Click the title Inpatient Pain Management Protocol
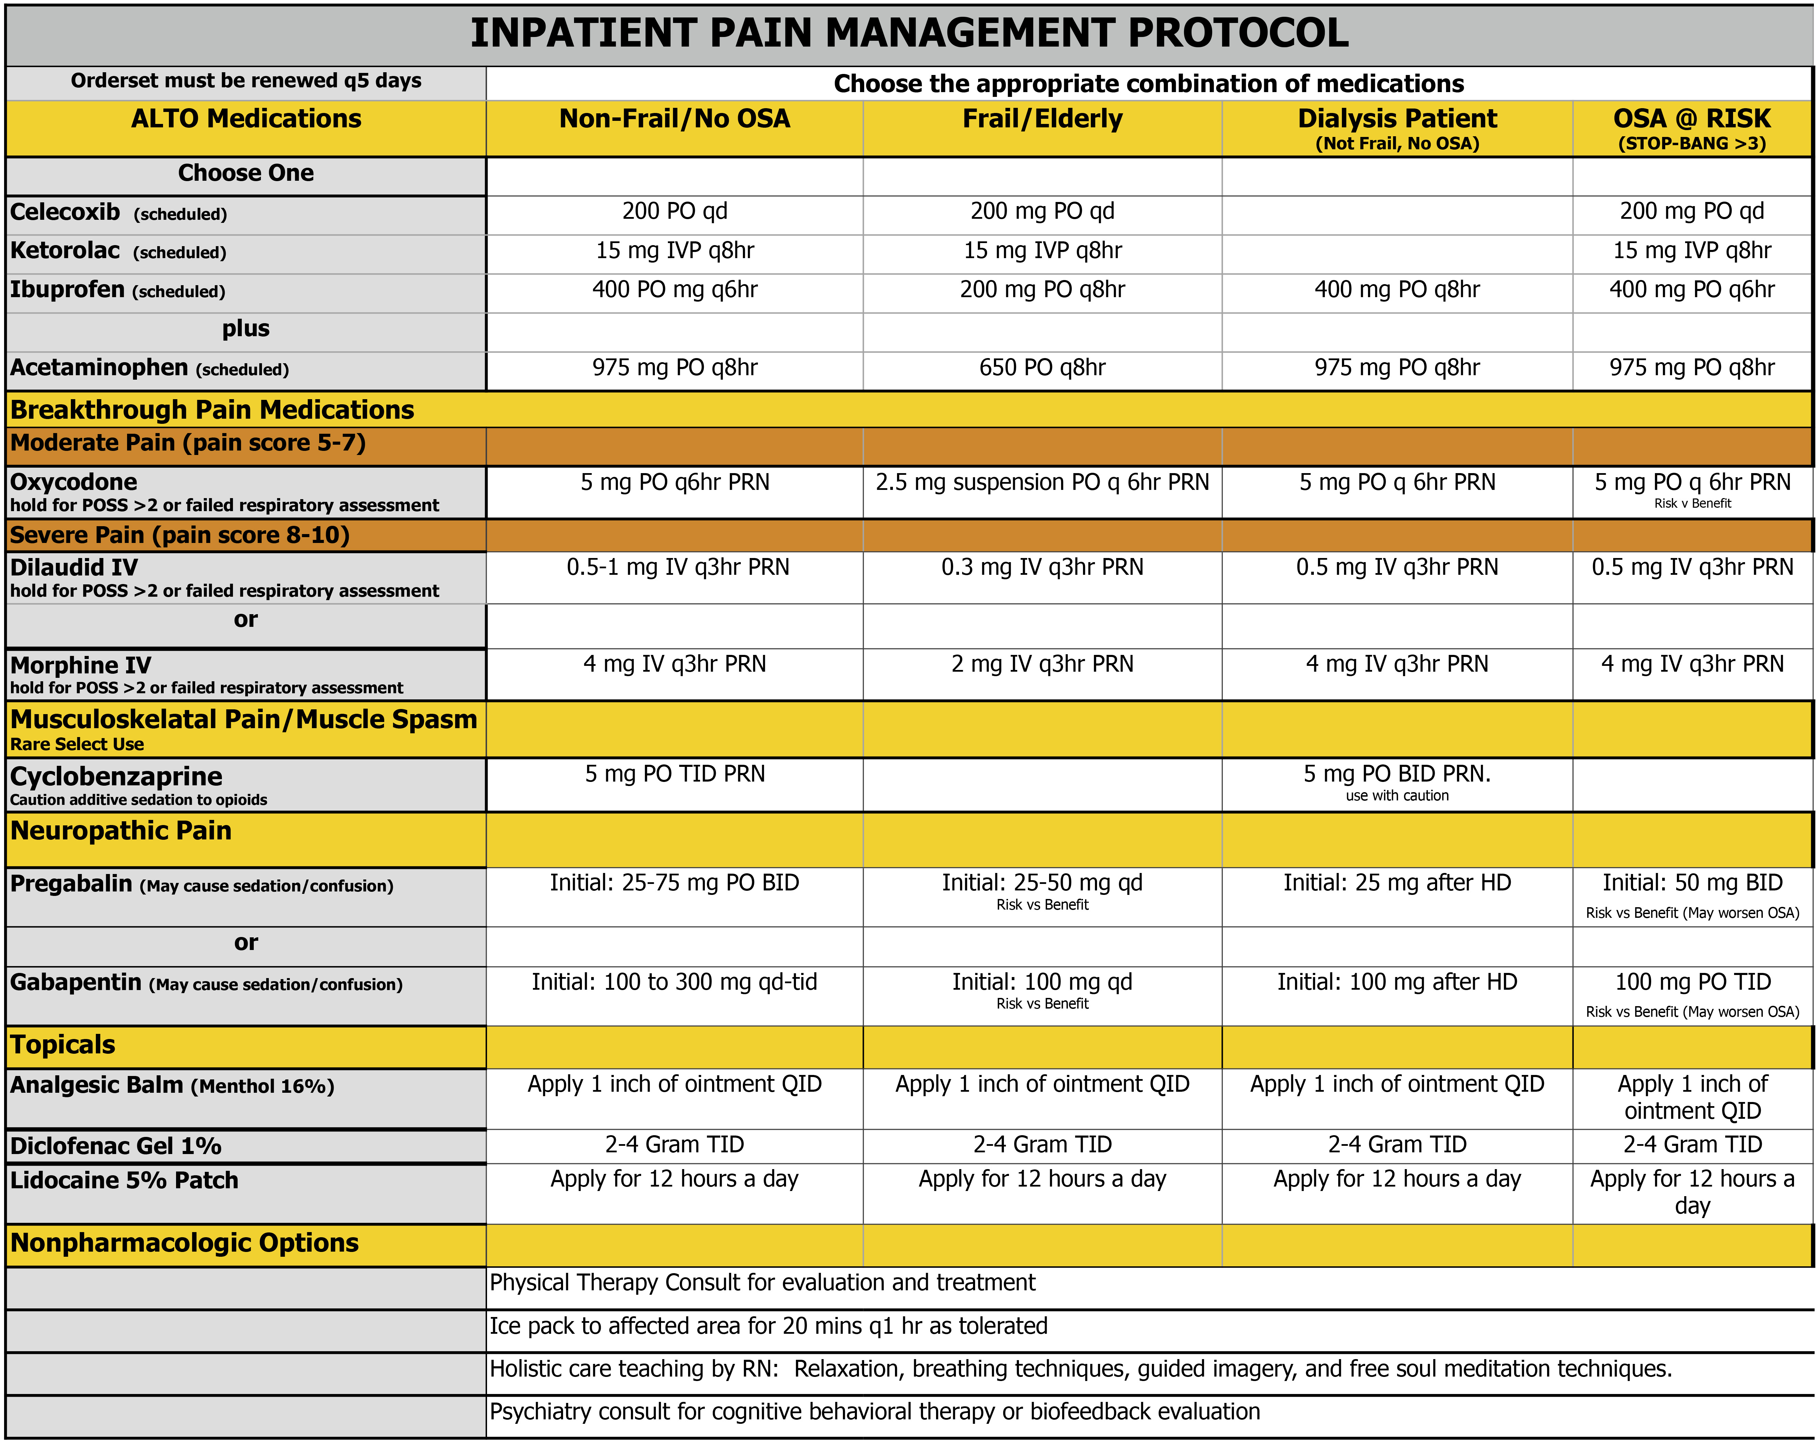[909, 34]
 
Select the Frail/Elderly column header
[1042, 119]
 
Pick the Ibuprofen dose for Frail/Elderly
[1042, 290]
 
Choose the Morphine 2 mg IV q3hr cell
[1042, 664]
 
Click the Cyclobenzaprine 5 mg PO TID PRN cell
[675, 774]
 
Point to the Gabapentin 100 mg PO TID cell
[1692, 982]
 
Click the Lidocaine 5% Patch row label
[124, 1180]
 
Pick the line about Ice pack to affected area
[768, 1326]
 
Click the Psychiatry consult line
[874, 1412]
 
